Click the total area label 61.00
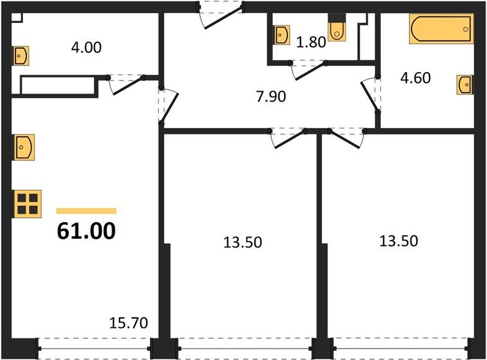pyautogui.click(x=86, y=230)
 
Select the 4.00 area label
pyautogui.click(x=86, y=46)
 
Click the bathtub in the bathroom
pyautogui.click(x=441, y=29)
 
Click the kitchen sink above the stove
pyautogui.click(x=25, y=146)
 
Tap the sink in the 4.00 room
pyautogui.click(x=21, y=56)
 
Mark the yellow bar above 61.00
pyautogui.click(x=86, y=211)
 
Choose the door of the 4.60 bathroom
pyautogui.click(x=371, y=94)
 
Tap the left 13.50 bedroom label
pyautogui.click(x=242, y=242)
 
